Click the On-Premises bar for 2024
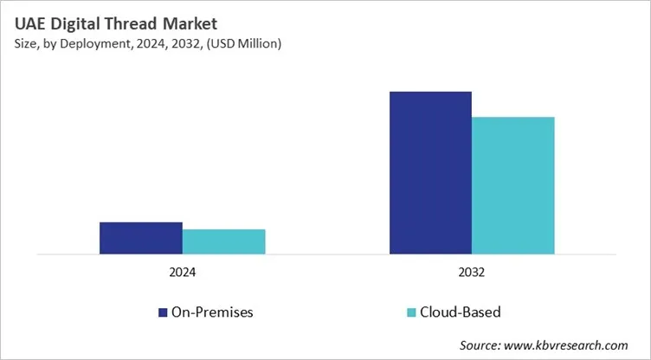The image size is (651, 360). tap(140, 238)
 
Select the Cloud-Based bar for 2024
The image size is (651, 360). tap(223, 241)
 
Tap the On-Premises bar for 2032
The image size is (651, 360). tap(430, 173)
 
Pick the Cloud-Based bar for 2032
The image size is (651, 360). tap(512, 185)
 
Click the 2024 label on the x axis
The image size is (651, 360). tap(182, 272)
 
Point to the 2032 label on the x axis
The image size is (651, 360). tap(472, 272)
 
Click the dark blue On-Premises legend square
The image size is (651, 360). tap(163, 312)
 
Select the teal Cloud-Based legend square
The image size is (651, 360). tap(411, 312)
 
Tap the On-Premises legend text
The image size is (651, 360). tap(212, 312)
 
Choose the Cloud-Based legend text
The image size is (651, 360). tap(460, 312)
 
